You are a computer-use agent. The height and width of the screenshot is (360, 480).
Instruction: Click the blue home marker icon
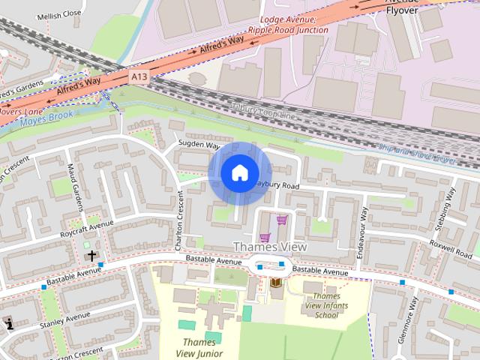pyautogui.click(x=238, y=172)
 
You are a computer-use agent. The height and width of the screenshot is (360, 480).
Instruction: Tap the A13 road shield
pyautogui.click(x=139, y=76)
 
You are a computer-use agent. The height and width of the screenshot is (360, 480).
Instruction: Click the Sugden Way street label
pyautogui.click(x=198, y=145)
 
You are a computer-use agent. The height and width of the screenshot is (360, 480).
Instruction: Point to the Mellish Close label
pyautogui.click(x=61, y=13)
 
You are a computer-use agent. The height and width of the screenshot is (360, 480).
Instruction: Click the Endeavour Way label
pyautogui.click(x=361, y=232)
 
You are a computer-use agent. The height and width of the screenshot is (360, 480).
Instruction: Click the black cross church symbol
pyautogui.click(x=91, y=256)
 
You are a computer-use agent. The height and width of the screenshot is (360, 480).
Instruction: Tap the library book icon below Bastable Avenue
pyautogui.click(x=276, y=283)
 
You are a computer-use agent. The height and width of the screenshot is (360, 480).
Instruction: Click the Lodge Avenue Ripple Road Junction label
pyautogui.click(x=293, y=25)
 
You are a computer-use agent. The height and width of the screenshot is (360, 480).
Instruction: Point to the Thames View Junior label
pyautogui.click(x=196, y=347)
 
